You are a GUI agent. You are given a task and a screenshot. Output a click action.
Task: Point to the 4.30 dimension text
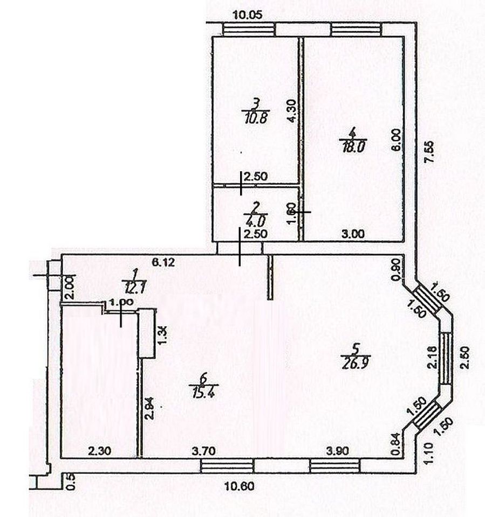pyautogui.click(x=292, y=111)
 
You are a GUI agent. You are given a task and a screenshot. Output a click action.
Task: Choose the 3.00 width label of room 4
pyautogui.click(x=354, y=234)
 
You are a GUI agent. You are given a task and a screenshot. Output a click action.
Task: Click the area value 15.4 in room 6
pyautogui.click(x=201, y=388)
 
